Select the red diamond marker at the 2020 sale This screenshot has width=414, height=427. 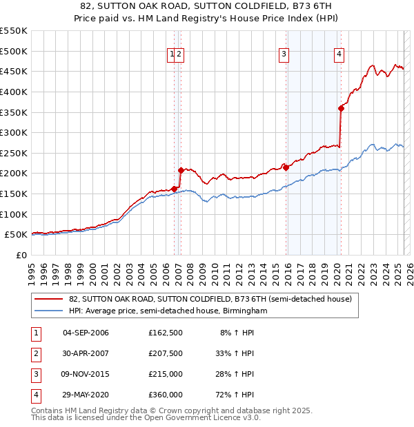(x=341, y=107)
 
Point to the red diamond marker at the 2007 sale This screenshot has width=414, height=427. (x=181, y=170)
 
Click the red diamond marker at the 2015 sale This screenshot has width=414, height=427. (x=285, y=167)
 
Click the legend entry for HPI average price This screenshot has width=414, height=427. (x=168, y=311)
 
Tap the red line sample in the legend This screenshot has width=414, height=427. (x=48, y=299)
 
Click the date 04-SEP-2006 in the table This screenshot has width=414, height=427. (x=86, y=333)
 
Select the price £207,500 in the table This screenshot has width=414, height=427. (x=166, y=353)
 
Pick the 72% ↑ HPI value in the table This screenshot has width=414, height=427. (x=235, y=395)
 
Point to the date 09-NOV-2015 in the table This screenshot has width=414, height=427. (x=86, y=374)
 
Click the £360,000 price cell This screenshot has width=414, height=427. (x=166, y=395)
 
